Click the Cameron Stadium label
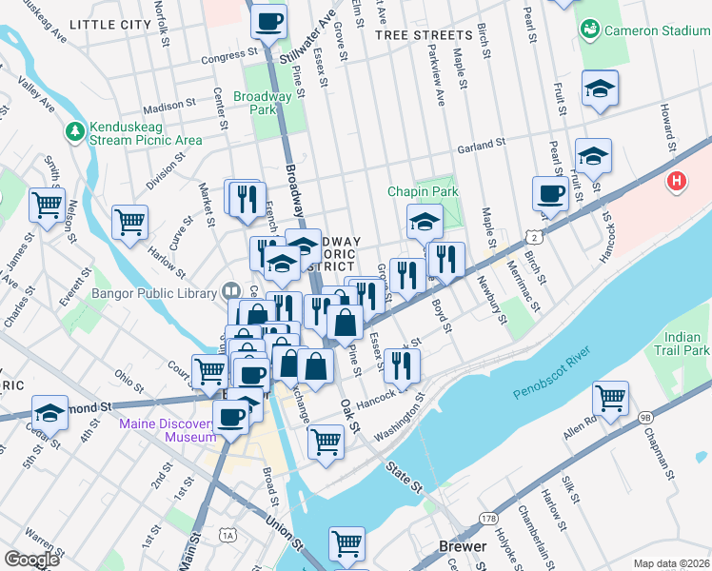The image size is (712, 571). [x=657, y=30]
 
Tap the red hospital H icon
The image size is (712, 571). [x=677, y=180]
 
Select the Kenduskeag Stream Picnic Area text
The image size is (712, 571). [x=146, y=133]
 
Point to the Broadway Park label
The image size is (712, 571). [x=262, y=103]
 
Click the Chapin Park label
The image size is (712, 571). [x=423, y=191]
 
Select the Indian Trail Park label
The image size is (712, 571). [x=687, y=344]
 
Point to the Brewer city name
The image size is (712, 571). [x=463, y=546]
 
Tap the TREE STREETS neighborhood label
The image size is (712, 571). [x=424, y=35]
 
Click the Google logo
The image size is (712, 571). [x=31, y=559]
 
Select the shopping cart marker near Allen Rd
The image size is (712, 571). [x=610, y=397]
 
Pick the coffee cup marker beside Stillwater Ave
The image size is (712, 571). [x=269, y=21]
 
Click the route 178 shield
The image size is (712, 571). [x=488, y=518]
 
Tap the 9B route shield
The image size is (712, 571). [x=644, y=416]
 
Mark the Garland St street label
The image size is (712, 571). [x=479, y=146]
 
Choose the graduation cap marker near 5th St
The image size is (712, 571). [x=49, y=413]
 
